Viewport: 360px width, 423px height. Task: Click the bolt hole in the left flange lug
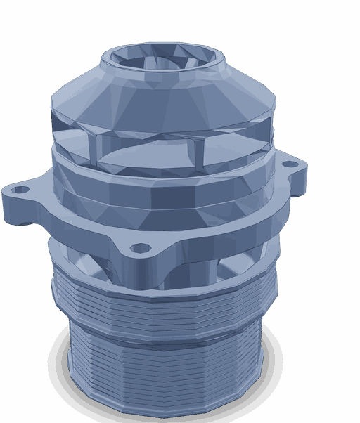click(21, 190)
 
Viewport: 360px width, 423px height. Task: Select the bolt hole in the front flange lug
click(141, 249)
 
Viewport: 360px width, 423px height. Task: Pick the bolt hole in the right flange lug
click(288, 164)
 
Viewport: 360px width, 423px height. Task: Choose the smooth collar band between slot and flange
click(162, 186)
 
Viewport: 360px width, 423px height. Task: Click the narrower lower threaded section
click(165, 372)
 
